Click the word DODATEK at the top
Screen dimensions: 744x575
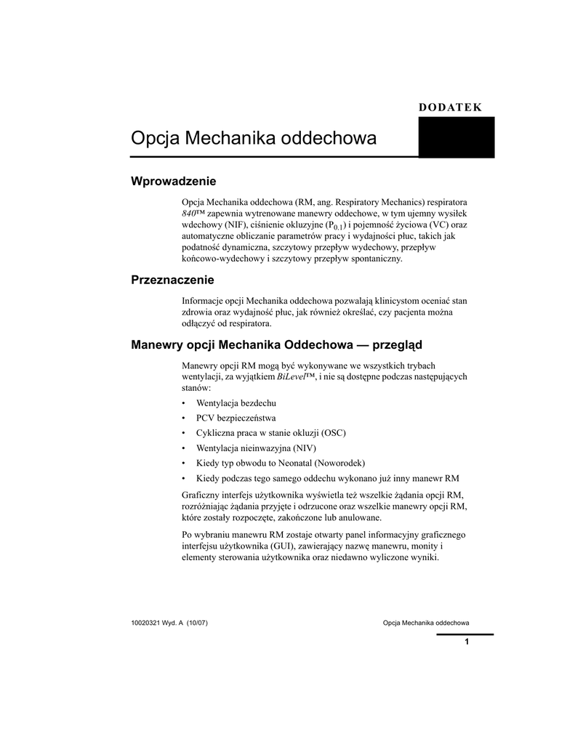pyautogui.click(x=451, y=108)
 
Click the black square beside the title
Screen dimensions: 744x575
pyautogui.click(x=457, y=137)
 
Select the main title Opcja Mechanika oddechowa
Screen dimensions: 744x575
pyautogui.click(x=254, y=138)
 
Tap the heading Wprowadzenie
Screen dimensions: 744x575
pyautogui.click(x=174, y=180)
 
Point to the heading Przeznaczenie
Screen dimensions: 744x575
pyautogui.click(x=172, y=280)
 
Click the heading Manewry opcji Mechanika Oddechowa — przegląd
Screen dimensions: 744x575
pyautogui.click(x=277, y=344)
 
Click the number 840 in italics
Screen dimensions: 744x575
pyautogui.click(x=189, y=213)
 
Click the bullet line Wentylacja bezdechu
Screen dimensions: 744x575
pyautogui.click(x=236, y=403)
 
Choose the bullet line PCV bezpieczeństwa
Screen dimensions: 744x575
pyautogui.click(x=236, y=418)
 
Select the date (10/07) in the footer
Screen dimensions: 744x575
pyautogui.click(x=198, y=623)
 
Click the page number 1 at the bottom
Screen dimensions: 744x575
pyautogui.click(x=466, y=642)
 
